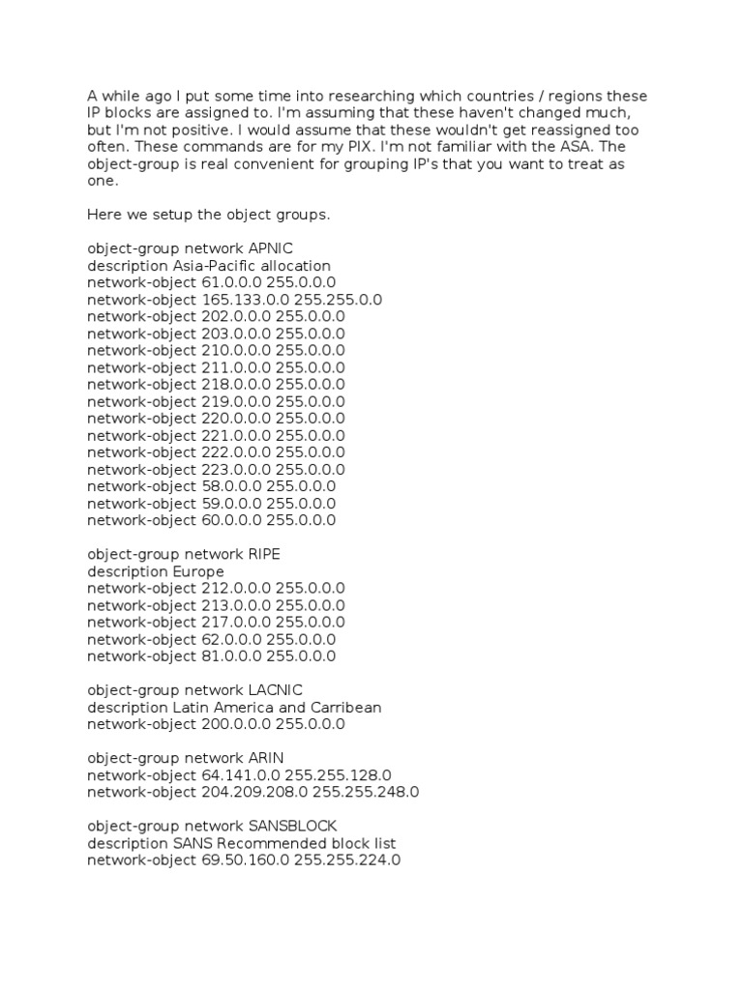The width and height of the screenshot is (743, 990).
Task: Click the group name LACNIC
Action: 276,690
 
